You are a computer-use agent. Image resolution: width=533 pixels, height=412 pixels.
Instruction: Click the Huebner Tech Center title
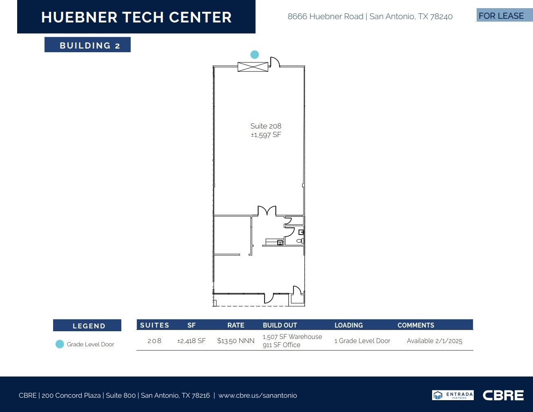pyautogui.click(x=136, y=17)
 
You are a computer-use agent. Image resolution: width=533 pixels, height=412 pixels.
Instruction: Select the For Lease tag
pyautogui.click(x=501, y=16)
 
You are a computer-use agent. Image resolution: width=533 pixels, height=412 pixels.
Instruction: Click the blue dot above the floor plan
pyautogui.click(x=254, y=55)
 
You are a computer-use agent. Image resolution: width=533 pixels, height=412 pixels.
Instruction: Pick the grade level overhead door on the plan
pyautogui.click(x=253, y=66)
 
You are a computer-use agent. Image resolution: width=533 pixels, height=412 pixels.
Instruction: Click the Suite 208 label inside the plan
pyautogui.click(x=266, y=126)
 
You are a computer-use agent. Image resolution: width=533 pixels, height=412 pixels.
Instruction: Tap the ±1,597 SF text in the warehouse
pyautogui.click(x=266, y=135)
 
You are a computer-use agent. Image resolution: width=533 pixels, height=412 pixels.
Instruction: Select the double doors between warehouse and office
pyautogui.click(x=267, y=211)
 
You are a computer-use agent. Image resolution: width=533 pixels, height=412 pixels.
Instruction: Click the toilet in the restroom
pyautogui.click(x=300, y=241)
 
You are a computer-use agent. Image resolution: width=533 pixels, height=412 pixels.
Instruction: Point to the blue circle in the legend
pyautogui.click(x=60, y=344)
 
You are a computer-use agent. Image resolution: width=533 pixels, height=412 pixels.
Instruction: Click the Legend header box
pyautogui.click(x=87, y=326)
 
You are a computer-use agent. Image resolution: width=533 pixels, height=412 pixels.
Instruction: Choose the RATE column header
pyautogui.click(x=236, y=325)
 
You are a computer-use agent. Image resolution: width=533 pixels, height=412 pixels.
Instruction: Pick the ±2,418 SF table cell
pyautogui.click(x=191, y=341)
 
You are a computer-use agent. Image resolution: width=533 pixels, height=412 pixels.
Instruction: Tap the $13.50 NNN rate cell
pyautogui.click(x=236, y=341)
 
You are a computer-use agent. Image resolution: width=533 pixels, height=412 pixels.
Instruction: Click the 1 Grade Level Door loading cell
pyautogui.click(x=362, y=341)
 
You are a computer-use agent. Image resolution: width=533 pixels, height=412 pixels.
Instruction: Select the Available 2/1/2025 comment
pyautogui.click(x=434, y=341)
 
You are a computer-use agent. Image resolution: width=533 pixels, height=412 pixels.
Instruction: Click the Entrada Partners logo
pyautogui.click(x=453, y=395)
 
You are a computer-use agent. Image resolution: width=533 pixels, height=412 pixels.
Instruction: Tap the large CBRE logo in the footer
pyautogui.click(x=503, y=395)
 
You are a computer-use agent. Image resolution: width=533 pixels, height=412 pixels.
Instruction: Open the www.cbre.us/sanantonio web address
pyautogui.click(x=257, y=395)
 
